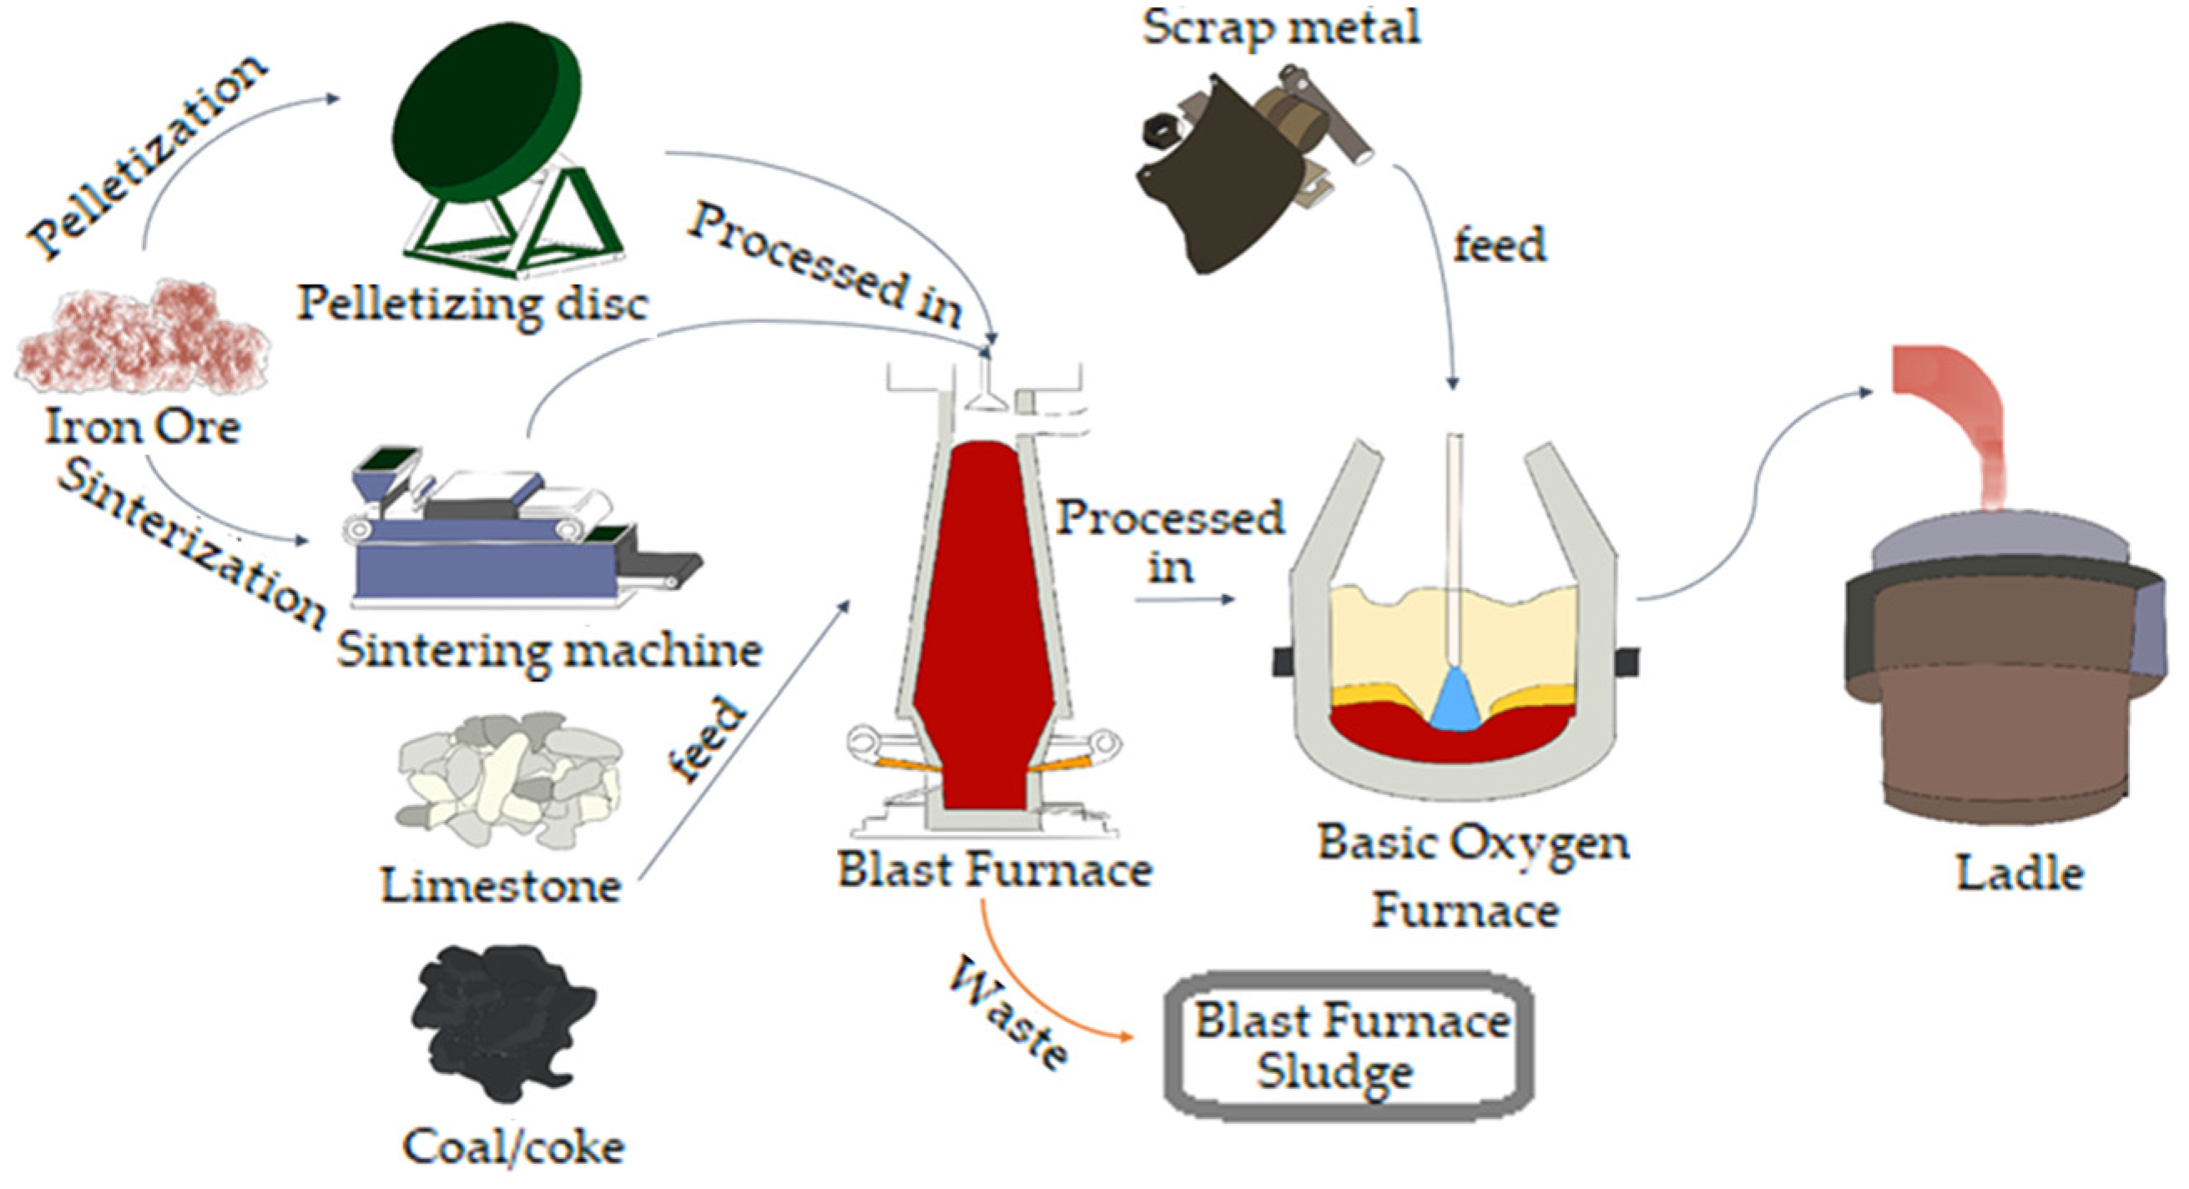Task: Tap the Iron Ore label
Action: pyautogui.click(x=142, y=426)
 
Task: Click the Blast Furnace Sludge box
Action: pyautogui.click(x=1349, y=1046)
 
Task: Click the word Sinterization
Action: pyautogui.click(x=191, y=544)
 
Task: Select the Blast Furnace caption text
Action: pyautogui.click(x=994, y=869)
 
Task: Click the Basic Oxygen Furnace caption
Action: pyautogui.click(x=1472, y=875)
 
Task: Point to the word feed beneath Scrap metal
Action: pyautogui.click(x=1499, y=244)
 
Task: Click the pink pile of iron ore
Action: pyautogui.click(x=142, y=340)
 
